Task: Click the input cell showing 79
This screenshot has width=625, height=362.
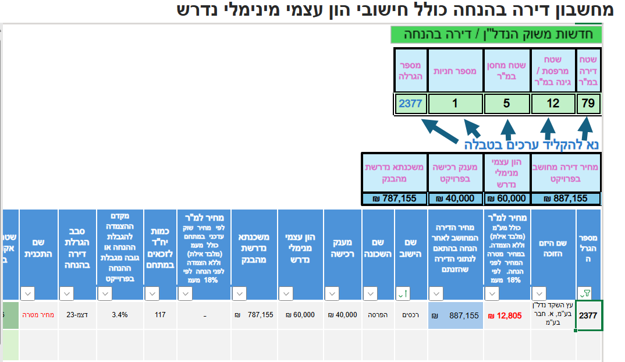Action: pyautogui.click(x=589, y=104)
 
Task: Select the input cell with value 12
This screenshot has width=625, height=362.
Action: pyautogui.click(x=553, y=104)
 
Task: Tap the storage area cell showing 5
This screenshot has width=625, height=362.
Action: pyautogui.click(x=506, y=104)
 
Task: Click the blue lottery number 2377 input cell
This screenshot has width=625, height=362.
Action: pyautogui.click(x=410, y=104)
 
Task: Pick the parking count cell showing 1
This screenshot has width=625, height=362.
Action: pyautogui.click(x=455, y=104)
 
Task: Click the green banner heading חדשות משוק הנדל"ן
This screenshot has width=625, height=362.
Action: pyautogui.click(x=496, y=34)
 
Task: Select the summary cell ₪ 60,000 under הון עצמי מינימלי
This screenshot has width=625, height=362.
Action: pyautogui.click(x=507, y=198)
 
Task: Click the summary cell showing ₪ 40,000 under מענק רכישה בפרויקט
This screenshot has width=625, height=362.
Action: pyautogui.click(x=455, y=198)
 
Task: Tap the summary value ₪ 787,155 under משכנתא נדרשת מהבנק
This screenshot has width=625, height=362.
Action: pyautogui.click(x=394, y=198)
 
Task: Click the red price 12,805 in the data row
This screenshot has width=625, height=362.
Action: pyautogui.click(x=507, y=315)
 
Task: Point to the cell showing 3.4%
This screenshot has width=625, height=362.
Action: pyautogui.click(x=119, y=315)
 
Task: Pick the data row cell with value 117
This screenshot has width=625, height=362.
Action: pyautogui.click(x=160, y=315)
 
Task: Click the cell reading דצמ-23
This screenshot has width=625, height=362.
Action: pyautogui.click(x=77, y=315)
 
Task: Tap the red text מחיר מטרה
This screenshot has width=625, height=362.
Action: pyautogui.click(x=38, y=315)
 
